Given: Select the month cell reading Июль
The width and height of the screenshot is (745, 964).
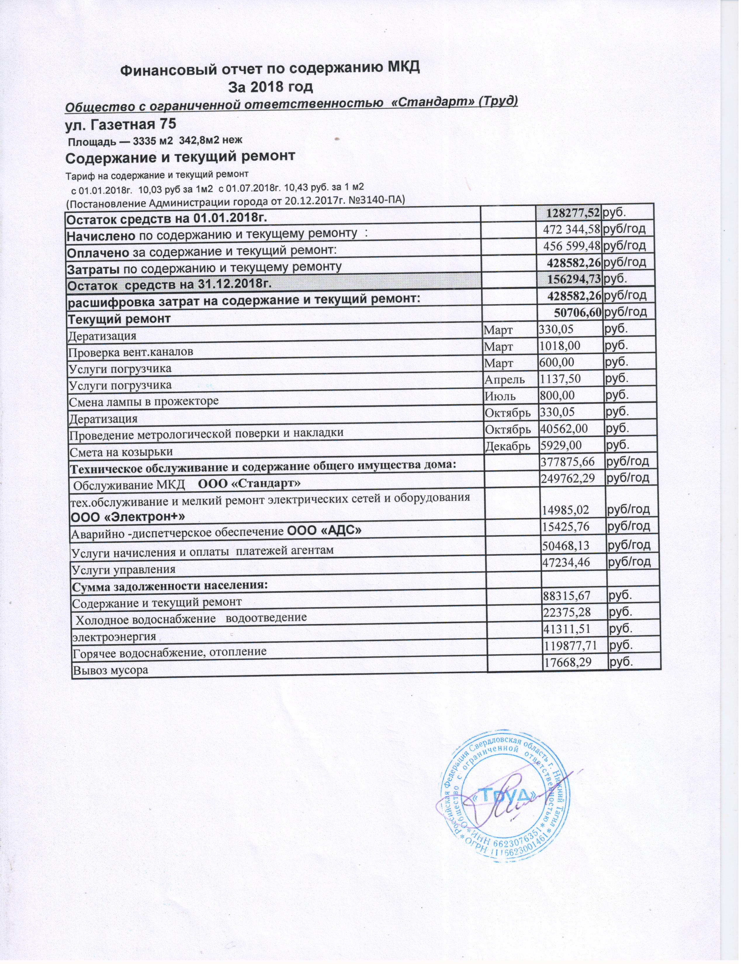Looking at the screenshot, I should (x=499, y=396).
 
